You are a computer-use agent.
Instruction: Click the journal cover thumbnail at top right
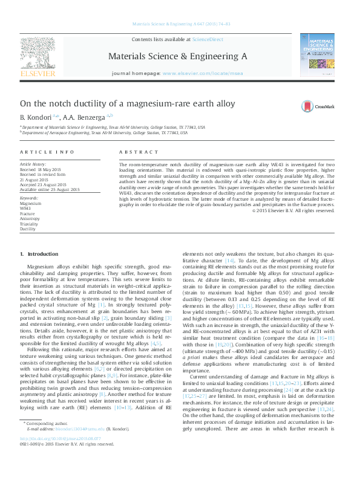pos(320,55)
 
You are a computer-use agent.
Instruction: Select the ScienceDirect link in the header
pos(208,39)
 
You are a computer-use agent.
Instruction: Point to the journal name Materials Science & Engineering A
pos(177,56)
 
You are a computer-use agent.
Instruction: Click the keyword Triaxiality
pos(28,224)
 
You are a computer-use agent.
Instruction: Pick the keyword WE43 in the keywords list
pos(25,209)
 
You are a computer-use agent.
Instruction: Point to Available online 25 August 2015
pos(50,190)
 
